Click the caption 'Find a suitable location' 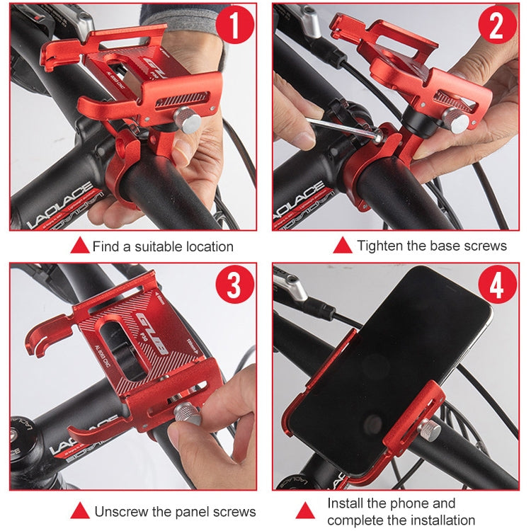(x=163, y=246)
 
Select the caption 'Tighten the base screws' (x=432, y=246)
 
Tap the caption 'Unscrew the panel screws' (x=175, y=511)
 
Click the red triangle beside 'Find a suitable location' (x=80, y=246)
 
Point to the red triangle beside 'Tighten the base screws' (x=343, y=246)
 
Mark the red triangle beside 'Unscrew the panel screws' (x=80, y=511)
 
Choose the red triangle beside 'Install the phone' (x=305, y=510)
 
